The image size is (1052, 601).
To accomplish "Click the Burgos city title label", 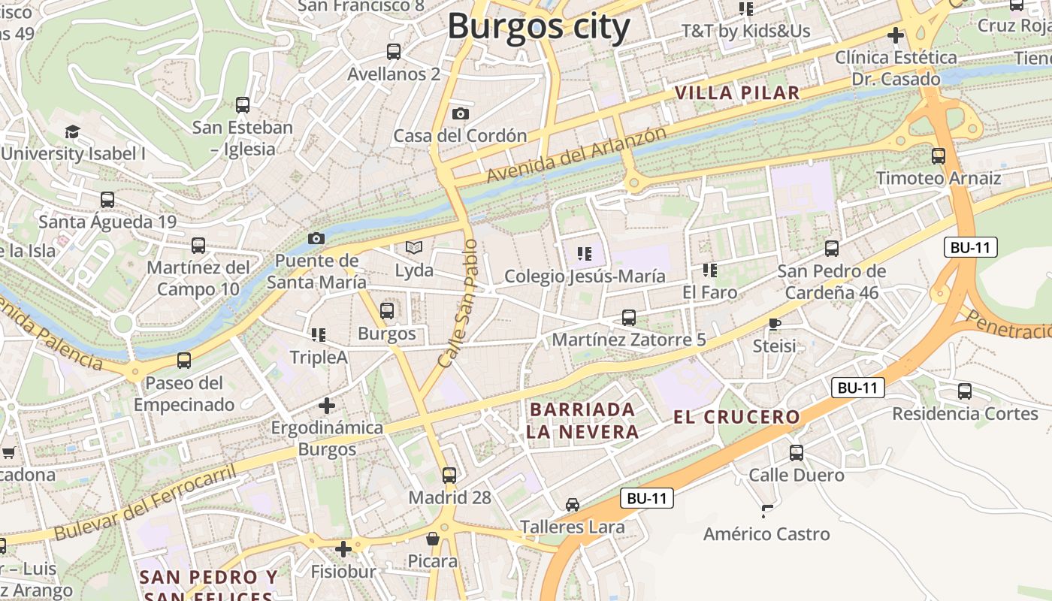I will [x=538, y=27].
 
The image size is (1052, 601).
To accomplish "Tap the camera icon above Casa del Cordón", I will [x=461, y=114].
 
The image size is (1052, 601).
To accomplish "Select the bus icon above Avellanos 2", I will [x=394, y=52].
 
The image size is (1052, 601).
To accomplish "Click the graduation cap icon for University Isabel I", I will [x=72, y=132].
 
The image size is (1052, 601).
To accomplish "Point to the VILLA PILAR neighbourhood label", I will [x=736, y=93].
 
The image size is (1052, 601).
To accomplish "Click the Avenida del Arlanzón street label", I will [x=576, y=154].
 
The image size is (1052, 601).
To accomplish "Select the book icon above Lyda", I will [x=414, y=247].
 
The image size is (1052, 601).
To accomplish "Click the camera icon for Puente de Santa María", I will [x=316, y=239].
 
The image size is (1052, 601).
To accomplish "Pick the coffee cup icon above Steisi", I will [x=775, y=325].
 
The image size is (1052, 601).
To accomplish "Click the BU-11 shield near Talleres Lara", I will [x=647, y=498].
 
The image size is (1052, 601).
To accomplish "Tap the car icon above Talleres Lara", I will [x=573, y=505].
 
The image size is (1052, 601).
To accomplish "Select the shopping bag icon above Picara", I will [x=433, y=539].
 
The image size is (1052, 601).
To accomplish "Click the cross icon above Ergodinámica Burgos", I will [x=327, y=406].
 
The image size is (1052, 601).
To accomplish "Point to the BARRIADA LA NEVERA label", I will [x=582, y=421].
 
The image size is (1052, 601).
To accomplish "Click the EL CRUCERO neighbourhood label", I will [x=736, y=418].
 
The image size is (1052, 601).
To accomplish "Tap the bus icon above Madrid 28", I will [x=449, y=475].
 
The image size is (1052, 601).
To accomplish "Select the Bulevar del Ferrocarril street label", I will [x=145, y=503].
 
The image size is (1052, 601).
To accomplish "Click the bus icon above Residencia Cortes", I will [x=965, y=391].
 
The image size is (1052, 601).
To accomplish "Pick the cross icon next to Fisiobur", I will [x=343, y=549].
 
